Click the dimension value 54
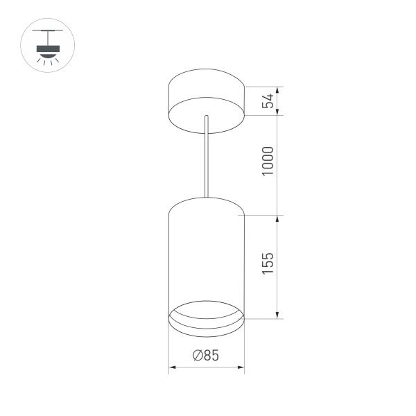[x=270, y=101]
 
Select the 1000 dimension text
[x=270, y=161]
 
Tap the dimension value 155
[x=270, y=266]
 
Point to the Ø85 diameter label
[x=205, y=356]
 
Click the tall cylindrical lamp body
[x=207, y=257]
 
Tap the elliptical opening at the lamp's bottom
[x=207, y=315]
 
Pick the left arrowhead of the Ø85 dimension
[x=173, y=366]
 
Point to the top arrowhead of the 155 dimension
[x=278, y=219]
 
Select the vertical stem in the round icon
[x=48, y=37]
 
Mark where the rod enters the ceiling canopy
[x=207, y=116]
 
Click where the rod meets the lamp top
[x=206, y=197]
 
